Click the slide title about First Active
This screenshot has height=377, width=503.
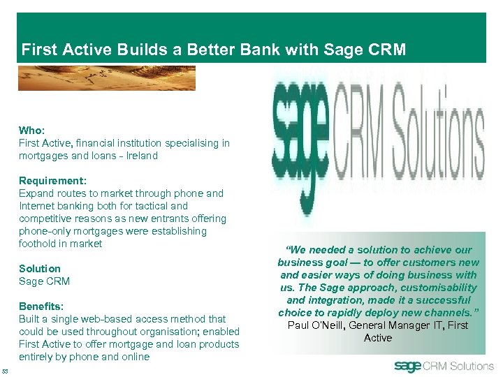(213, 50)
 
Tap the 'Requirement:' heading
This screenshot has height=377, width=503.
(52, 181)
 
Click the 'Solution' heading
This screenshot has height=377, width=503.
(40, 269)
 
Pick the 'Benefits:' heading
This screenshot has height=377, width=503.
(41, 306)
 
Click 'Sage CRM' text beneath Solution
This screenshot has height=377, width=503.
(44, 281)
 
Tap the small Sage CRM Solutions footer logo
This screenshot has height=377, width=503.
(443, 366)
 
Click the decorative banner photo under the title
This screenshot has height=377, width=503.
(106, 77)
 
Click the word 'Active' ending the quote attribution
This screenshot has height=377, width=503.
(378, 338)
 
